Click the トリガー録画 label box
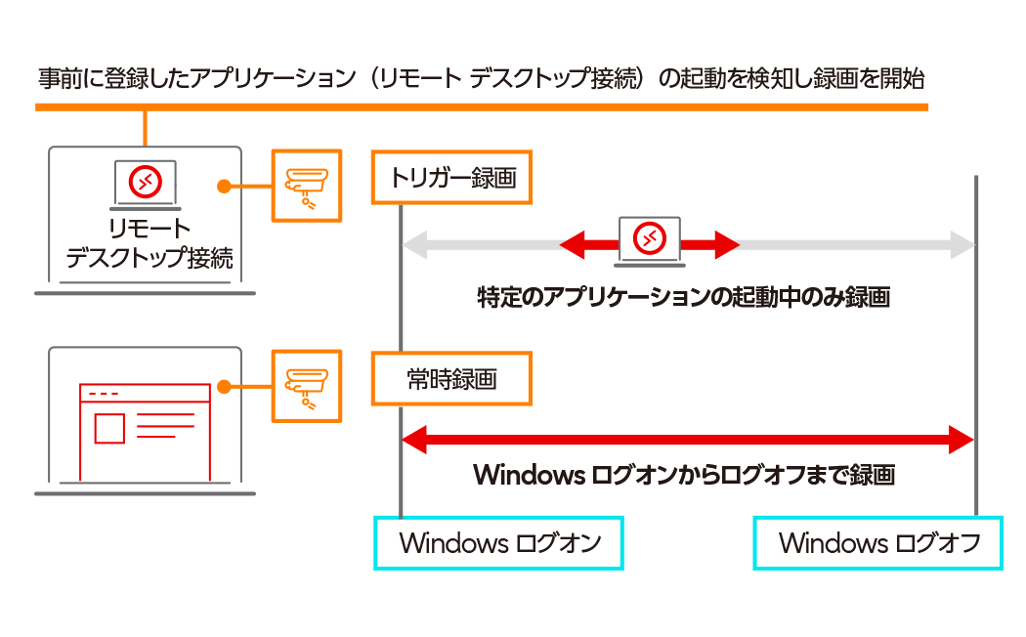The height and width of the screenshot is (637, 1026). (451, 178)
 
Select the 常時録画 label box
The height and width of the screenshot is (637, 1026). (451, 379)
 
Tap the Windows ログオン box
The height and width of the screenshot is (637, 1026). (499, 542)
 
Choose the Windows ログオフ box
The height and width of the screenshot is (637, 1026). (877, 542)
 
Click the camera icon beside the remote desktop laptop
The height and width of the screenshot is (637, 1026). (306, 185)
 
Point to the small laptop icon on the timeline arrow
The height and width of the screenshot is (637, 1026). (650, 239)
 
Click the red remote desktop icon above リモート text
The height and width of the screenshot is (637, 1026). (145, 182)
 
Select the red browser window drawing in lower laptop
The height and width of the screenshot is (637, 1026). (145, 431)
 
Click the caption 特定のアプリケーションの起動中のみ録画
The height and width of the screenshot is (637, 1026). (683, 298)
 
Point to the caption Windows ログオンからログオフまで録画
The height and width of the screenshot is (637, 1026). (683, 476)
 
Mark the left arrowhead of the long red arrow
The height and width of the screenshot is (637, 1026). (415, 440)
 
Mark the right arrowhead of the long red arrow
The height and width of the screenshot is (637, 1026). (962, 440)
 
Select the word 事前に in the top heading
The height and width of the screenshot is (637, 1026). (67, 78)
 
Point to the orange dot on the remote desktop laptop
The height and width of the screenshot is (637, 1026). (223, 185)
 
